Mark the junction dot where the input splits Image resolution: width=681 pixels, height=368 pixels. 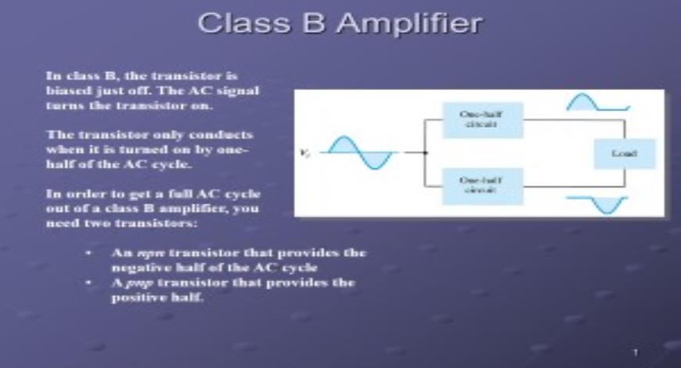tap(425, 153)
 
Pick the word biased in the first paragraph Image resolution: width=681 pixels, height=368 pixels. tap(64, 90)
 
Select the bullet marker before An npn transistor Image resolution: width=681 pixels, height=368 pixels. tap(92, 254)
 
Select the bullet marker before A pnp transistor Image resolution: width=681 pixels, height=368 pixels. tap(92, 283)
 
